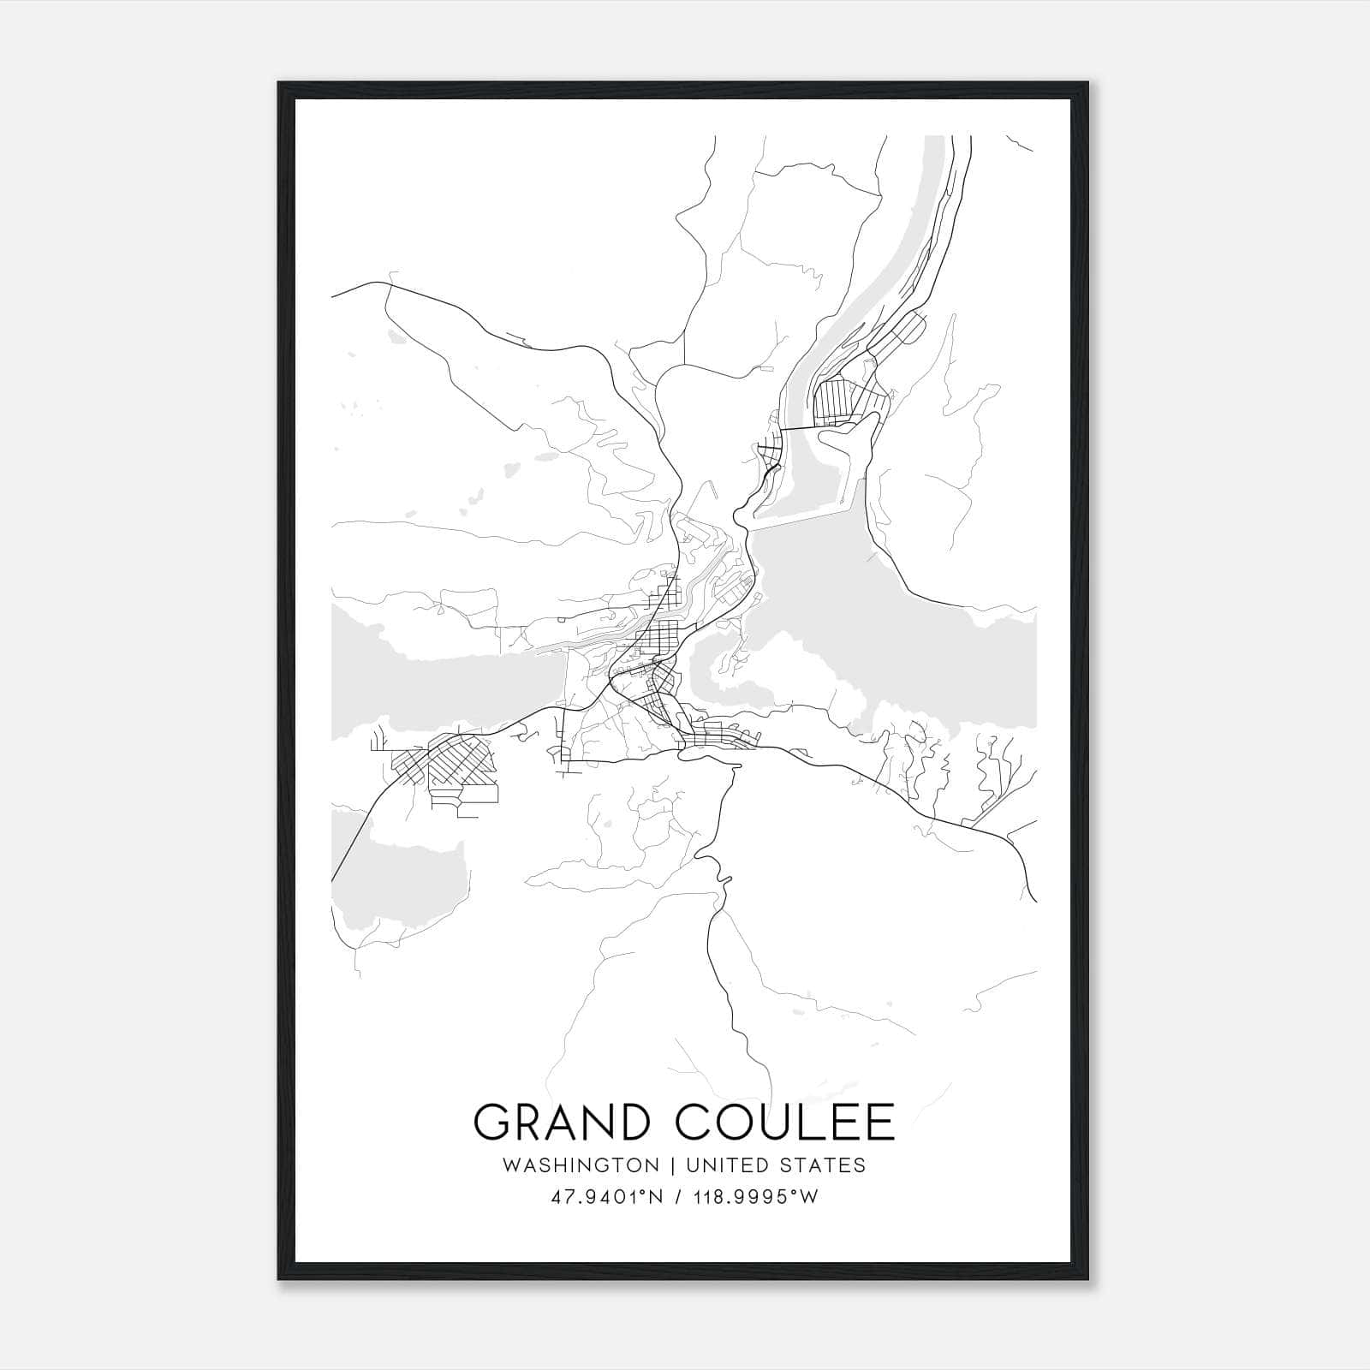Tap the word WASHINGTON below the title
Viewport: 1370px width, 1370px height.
point(581,1165)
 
